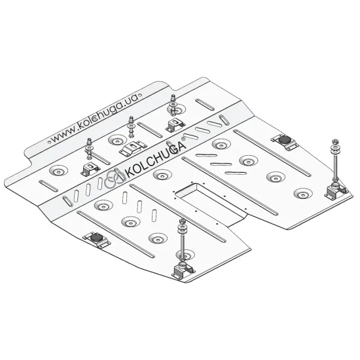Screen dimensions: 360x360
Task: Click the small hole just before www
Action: (48, 142)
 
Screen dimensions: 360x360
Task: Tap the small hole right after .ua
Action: (141, 94)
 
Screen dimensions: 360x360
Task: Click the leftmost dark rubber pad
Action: (96, 238)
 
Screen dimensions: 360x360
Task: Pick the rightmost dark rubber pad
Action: (284, 139)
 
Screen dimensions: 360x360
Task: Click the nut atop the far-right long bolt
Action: (335, 141)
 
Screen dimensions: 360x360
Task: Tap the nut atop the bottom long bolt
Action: (183, 221)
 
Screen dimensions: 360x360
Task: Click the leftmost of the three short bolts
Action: (89, 149)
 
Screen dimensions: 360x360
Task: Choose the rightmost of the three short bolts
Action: (172, 105)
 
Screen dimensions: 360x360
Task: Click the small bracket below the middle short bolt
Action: (133, 148)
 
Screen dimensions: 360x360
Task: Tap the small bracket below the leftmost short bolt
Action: (90, 169)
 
